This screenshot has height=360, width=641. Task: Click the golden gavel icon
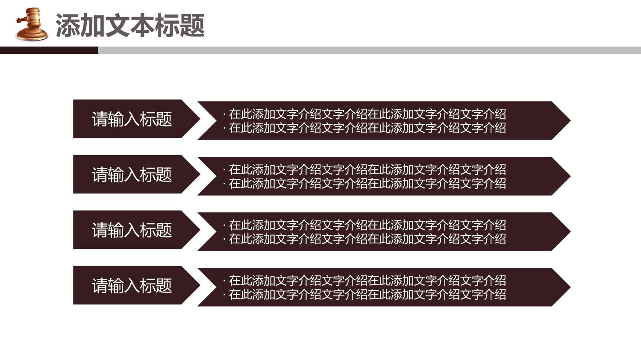[x=32, y=24]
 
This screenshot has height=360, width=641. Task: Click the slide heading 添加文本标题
[x=130, y=26]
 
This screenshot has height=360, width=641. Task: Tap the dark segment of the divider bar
[x=49, y=50]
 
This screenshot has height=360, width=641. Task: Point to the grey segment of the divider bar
[x=370, y=50]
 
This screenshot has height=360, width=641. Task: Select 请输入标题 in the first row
[x=132, y=119]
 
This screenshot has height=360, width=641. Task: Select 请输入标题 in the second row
[x=132, y=174]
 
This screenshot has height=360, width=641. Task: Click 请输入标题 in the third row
[x=132, y=230]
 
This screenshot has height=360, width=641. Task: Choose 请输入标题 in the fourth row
[x=132, y=285]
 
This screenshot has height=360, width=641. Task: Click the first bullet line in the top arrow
[x=365, y=114]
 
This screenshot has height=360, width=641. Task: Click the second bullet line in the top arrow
[x=365, y=128]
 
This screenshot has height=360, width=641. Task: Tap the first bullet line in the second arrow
[x=365, y=170]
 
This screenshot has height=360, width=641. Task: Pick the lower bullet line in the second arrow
[x=365, y=183]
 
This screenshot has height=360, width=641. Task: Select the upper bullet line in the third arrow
[x=365, y=225]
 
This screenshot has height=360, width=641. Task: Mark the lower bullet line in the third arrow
[x=365, y=239]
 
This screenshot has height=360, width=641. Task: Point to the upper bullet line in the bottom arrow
[x=365, y=281]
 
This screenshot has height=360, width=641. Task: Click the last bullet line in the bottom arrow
[x=365, y=294]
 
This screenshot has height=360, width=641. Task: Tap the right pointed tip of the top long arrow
[x=570, y=121]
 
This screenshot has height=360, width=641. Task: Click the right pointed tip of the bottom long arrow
[x=570, y=287]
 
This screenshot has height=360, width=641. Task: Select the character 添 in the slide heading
[x=68, y=26]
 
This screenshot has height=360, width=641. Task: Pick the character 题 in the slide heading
[x=192, y=26]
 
